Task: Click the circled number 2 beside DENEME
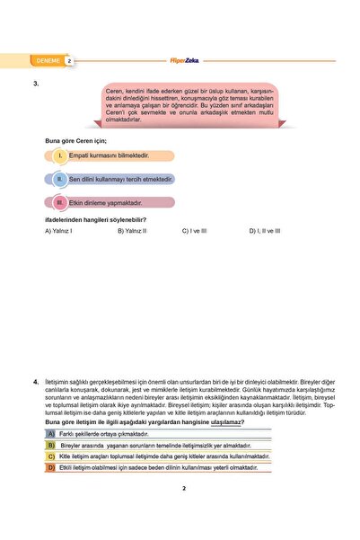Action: tap(69, 61)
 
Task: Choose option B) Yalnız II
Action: tap(132, 231)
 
